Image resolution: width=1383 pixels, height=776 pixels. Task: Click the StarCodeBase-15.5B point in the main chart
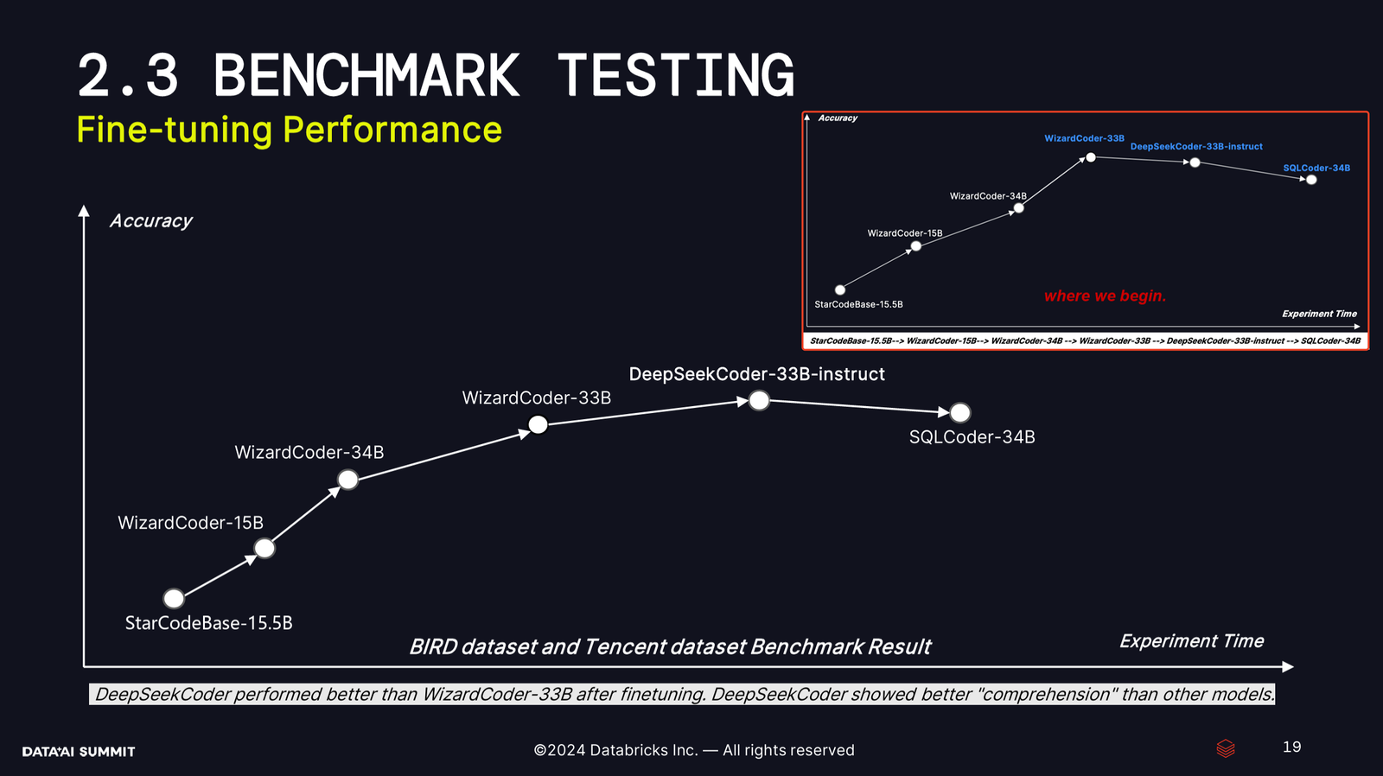174,598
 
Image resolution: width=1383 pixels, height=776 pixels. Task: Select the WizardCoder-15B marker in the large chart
264,548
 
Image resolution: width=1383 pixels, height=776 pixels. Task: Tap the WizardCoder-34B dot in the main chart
348,480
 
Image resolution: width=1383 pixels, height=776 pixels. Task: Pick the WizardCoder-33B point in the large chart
539,425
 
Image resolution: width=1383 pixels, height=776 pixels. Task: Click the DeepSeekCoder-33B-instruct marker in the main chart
760,401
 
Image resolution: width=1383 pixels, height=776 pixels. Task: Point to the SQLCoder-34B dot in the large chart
960,412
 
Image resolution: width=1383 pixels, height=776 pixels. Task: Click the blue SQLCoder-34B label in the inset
1316,168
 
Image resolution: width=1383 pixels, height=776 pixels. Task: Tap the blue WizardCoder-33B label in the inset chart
1084,138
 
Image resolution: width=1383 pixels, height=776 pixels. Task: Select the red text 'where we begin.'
1105,296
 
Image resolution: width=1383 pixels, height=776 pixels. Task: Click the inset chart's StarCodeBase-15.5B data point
840,289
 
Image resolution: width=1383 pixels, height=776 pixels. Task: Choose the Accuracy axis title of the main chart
150,221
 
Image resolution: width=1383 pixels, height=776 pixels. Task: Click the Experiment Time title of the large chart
1192,641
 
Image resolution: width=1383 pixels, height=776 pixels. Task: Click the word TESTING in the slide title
676,74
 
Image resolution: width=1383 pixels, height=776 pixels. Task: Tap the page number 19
1291,747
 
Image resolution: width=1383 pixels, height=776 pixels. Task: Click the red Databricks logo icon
1226,748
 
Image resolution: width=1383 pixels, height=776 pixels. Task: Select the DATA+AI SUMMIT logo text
79,751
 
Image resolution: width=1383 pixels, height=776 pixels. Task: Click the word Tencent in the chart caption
623,647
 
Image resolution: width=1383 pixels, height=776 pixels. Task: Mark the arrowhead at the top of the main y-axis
84,211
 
